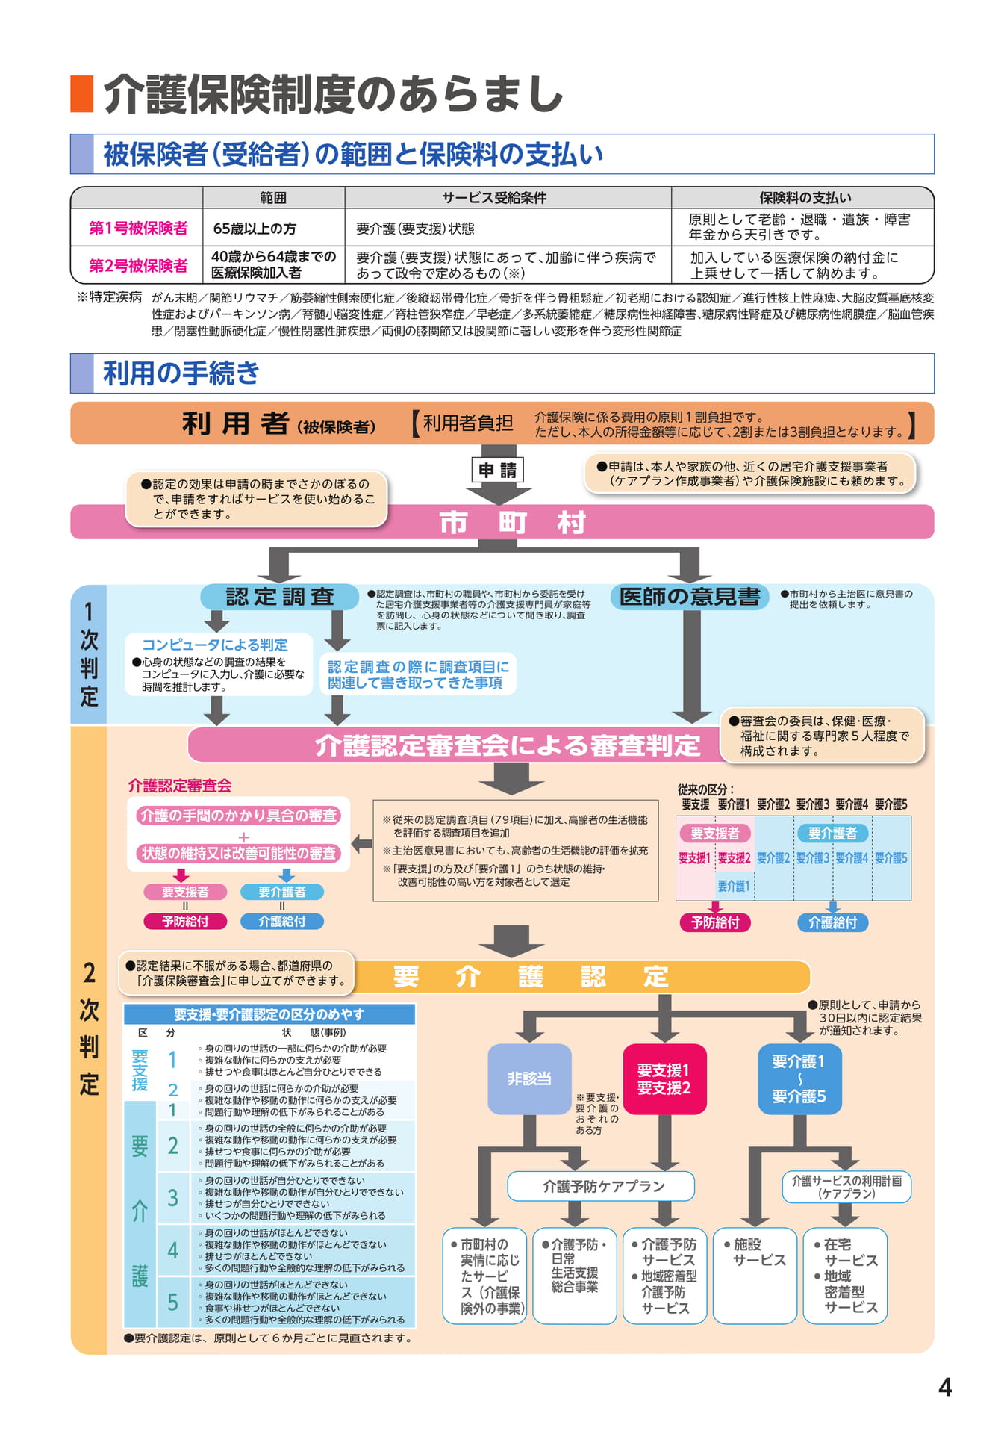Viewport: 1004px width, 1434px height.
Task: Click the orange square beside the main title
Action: tap(81, 93)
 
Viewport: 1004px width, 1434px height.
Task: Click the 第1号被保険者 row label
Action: tap(138, 228)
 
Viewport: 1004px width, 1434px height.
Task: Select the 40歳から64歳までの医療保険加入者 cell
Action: tap(273, 264)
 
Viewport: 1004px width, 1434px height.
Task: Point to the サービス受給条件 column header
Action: tap(493, 198)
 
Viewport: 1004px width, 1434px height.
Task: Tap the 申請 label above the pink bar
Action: tap(498, 470)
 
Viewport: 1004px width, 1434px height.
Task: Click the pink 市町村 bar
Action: tap(502, 522)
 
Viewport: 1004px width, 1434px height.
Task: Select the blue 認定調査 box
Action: tap(279, 597)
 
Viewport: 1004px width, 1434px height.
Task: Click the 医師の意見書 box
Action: tap(690, 597)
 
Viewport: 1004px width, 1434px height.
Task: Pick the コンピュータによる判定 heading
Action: tap(215, 645)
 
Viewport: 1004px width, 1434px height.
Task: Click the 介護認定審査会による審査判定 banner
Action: tap(508, 745)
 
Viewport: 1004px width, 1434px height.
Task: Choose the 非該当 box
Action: tap(529, 1078)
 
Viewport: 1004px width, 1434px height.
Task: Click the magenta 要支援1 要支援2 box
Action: tap(664, 1078)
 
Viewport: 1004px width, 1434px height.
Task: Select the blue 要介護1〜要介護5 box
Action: tap(799, 1078)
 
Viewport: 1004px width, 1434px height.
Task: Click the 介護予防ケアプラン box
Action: tap(601, 1186)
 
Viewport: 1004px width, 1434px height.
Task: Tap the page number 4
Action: tap(945, 1388)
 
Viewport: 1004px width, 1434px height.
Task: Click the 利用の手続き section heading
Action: tap(181, 373)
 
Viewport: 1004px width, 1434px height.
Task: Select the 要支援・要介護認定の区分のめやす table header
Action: tap(269, 1014)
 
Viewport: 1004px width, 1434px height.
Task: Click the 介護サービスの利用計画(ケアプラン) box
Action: tap(846, 1187)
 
